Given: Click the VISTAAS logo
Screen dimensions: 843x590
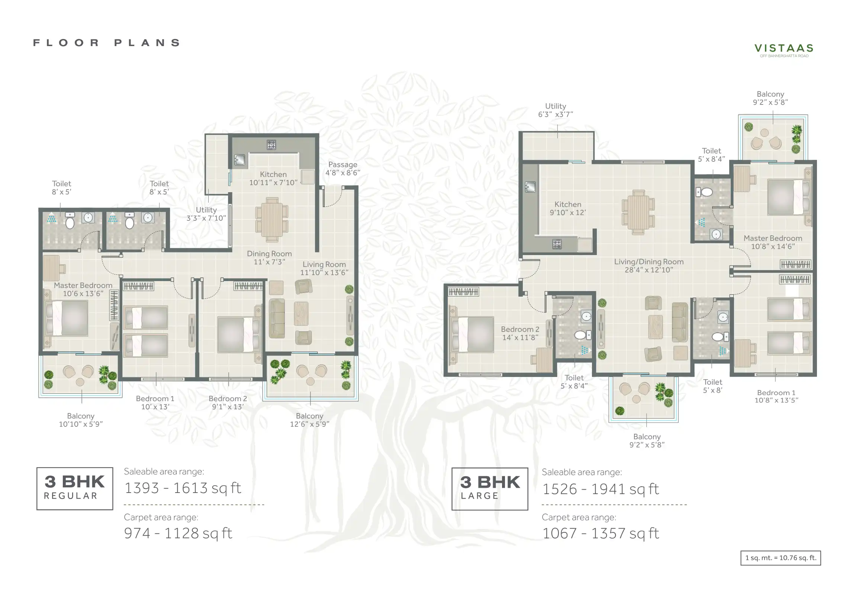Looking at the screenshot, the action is coord(784,50).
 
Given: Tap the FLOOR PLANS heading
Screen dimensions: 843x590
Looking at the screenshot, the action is coord(107,43).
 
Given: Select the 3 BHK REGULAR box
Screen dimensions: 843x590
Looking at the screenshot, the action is coord(75,489).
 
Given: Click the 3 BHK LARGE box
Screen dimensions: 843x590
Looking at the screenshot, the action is coord(490,489).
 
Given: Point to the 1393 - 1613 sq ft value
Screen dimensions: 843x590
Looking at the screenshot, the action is coord(183,488).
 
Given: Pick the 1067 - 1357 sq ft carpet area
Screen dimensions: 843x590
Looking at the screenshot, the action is coord(601,533).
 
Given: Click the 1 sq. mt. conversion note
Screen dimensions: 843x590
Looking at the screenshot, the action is coord(781,558).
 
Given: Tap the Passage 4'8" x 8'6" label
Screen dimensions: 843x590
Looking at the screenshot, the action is coord(342,168).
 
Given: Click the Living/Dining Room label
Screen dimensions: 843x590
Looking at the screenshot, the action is coord(649,265).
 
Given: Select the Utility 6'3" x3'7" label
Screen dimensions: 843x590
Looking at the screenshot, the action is coord(556,110).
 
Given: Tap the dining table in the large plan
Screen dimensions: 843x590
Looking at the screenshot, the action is coord(638,212).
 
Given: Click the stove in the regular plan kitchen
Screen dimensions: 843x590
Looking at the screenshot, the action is coord(271,145).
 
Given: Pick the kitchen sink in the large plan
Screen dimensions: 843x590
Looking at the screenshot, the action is coord(530,187).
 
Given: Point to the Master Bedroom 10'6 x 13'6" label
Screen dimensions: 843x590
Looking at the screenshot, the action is coord(83,289).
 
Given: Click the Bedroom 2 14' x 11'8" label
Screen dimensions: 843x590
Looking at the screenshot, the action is coord(520,333).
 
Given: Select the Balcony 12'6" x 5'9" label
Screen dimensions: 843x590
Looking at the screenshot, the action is coord(309,420).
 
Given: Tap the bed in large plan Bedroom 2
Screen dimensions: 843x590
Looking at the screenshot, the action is coord(472,334).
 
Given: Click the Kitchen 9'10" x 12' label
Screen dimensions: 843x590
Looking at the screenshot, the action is coord(568,208).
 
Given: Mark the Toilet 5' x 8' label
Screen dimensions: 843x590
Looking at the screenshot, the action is coord(712,386).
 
